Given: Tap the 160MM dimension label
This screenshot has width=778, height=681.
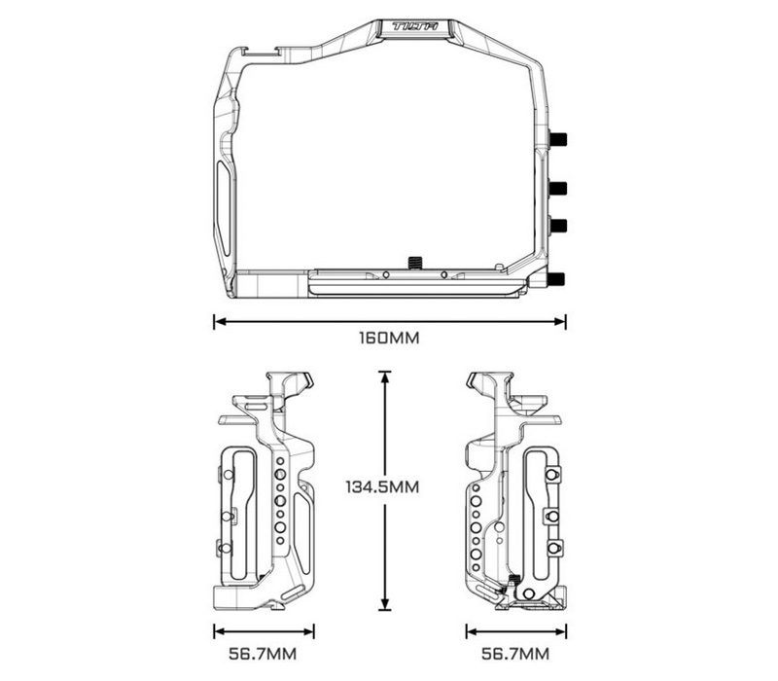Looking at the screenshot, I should pyautogui.click(x=389, y=340).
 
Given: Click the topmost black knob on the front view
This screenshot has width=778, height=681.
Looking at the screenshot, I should pyautogui.click(x=558, y=139).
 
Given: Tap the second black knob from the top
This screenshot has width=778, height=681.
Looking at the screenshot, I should pyautogui.click(x=558, y=187).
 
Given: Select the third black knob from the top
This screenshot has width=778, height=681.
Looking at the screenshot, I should pyautogui.click(x=558, y=226).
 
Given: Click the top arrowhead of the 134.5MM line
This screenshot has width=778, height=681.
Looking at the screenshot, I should pyautogui.click(x=386, y=376).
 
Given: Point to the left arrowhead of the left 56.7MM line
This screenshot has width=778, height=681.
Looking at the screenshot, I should pyautogui.click(x=219, y=627).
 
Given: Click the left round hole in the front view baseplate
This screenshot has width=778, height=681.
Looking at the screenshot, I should pyautogui.click(x=386, y=275).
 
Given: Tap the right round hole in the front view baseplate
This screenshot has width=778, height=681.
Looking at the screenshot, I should pyautogui.click(x=443, y=275).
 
